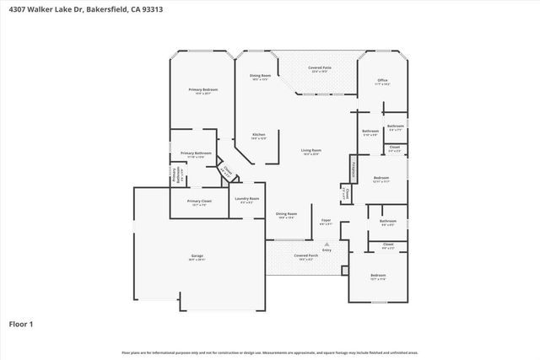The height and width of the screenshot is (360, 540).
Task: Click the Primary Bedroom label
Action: click(x=202, y=89)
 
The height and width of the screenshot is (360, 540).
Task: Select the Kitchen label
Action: click(x=259, y=135)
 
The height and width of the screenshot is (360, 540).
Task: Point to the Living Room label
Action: click(x=311, y=151)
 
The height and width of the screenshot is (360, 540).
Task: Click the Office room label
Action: click(x=381, y=81)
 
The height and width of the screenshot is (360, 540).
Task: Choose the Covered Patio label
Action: click(x=320, y=67)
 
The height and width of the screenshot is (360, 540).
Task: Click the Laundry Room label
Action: click(x=247, y=198)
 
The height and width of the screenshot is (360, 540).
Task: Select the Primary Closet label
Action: click(x=199, y=201)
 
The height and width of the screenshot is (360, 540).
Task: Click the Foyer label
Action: click(x=326, y=220)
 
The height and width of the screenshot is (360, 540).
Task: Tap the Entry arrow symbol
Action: click(x=327, y=244)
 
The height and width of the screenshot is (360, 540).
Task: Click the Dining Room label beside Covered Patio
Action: click(x=260, y=76)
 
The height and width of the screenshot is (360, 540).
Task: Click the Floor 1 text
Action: click(x=22, y=323)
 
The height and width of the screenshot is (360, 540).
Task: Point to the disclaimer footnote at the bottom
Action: click(x=269, y=352)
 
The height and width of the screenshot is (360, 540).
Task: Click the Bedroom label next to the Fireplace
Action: click(x=381, y=178)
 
